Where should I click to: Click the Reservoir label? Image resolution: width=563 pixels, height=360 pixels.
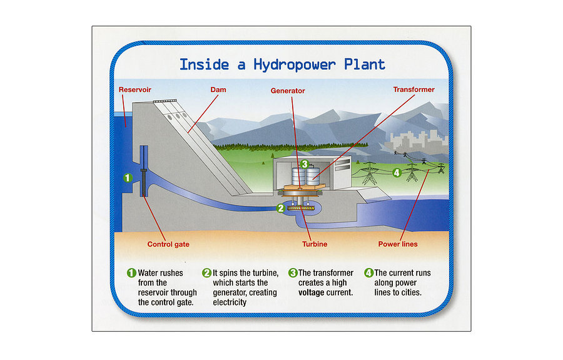(x=134, y=90)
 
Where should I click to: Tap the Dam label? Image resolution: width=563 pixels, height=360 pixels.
(x=218, y=90)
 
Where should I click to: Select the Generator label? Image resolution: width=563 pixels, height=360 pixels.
(x=288, y=91)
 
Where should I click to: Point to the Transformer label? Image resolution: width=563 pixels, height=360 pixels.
(x=413, y=90)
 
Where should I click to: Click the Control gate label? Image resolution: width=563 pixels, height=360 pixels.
(x=168, y=244)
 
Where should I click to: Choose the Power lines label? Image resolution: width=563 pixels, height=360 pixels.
(x=398, y=244)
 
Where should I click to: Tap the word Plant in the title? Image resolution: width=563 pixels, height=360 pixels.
(x=363, y=64)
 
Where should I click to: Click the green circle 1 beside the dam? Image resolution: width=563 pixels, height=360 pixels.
(x=128, y=178)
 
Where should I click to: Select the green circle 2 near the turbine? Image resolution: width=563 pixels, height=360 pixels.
(x=281, y=208)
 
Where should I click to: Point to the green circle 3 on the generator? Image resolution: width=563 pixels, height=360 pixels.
(x=304, y=164)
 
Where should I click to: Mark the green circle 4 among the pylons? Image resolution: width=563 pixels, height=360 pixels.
(x=396, y=172)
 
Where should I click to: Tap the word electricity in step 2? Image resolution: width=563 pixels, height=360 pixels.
(x=230, y=302)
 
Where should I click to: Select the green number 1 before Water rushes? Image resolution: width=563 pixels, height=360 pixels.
(x=131, y=273)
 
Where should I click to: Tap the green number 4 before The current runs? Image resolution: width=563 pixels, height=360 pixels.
(x=369, y=273)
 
